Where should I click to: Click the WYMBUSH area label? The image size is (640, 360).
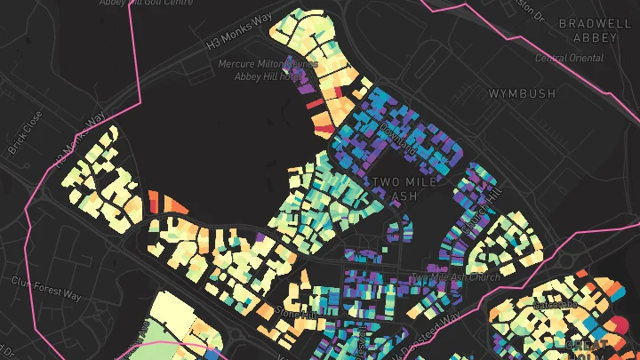[522, 92]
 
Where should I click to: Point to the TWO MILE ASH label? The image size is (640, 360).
[405, 188]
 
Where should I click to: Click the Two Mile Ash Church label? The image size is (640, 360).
[455, 277]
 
